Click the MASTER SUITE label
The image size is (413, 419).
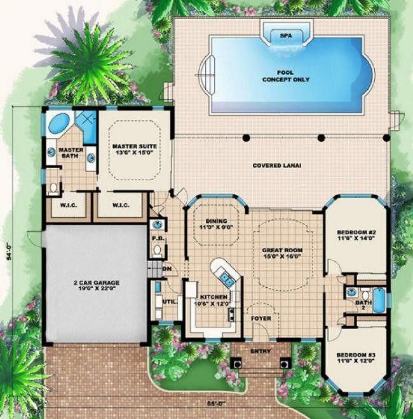(x=134, y=150)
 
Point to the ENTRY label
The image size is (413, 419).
(x=261, y=351)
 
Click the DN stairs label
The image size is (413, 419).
(x=167, y=269)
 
